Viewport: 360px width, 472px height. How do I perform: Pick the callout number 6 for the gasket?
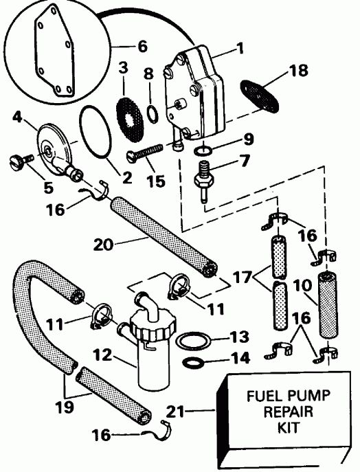142,47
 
